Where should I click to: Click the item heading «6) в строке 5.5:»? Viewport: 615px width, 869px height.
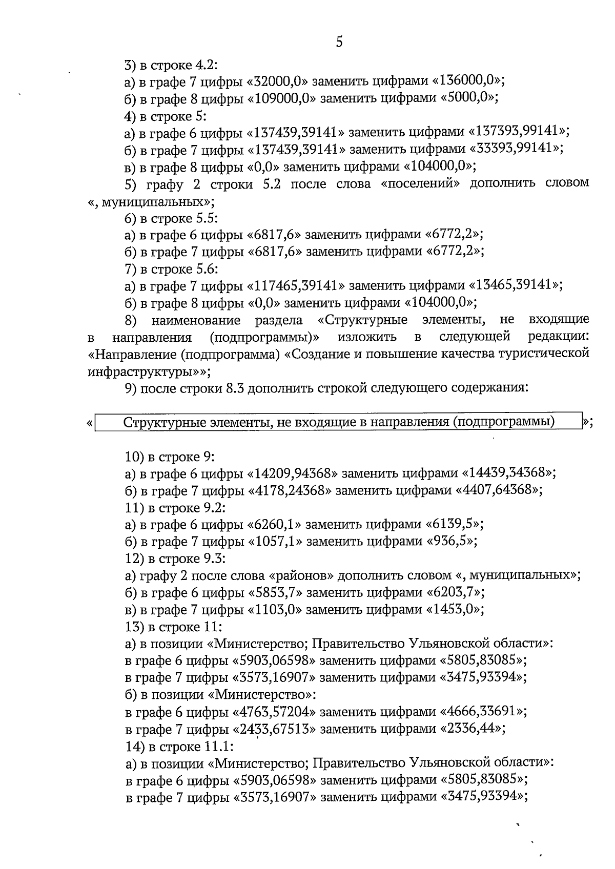[172, 218]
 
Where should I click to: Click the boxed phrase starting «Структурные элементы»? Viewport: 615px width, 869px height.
[339, 422]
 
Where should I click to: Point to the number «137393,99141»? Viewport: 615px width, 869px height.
[518, 132]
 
